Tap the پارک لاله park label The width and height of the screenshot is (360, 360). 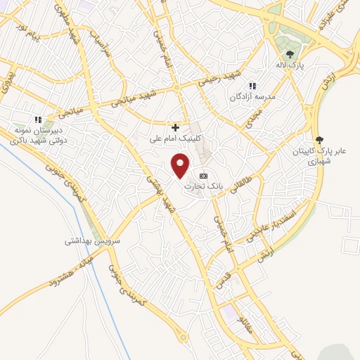click(288, 64)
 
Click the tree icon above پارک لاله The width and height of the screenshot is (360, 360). click(288, 53)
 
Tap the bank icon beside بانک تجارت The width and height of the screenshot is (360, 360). click(204, 175)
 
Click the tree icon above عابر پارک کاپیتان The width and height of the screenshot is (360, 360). click(320, 140)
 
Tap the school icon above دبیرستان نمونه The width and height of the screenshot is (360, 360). click(39, 120)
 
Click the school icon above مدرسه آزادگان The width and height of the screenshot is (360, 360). click(252, 86)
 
